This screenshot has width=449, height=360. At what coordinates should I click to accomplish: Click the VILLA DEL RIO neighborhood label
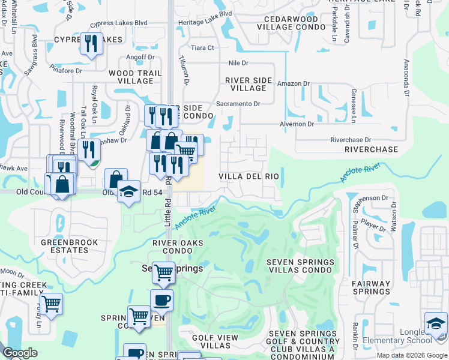[248, 176]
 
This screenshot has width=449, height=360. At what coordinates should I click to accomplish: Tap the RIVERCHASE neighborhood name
[372, 149]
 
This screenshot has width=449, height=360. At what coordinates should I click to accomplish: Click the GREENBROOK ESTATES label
[65, 246]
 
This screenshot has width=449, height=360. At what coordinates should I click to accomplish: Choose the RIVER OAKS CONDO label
[178, 247]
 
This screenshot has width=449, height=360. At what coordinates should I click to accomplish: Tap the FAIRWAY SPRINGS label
[370, 288]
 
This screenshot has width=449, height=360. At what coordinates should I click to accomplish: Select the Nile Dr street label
[238, 63]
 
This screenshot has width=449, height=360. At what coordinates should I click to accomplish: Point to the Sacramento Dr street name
[238, 104]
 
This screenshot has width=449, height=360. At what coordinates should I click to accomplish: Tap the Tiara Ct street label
[202, 48]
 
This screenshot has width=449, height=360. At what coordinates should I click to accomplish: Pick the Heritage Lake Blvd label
[205, 30]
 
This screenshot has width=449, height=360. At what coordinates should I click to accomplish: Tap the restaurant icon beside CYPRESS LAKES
[91, 44]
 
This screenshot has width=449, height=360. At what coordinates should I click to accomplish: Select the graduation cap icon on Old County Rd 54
[128, 191]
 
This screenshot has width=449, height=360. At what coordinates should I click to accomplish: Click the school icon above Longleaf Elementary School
[436, 323]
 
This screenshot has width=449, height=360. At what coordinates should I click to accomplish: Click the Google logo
[20, 353]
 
